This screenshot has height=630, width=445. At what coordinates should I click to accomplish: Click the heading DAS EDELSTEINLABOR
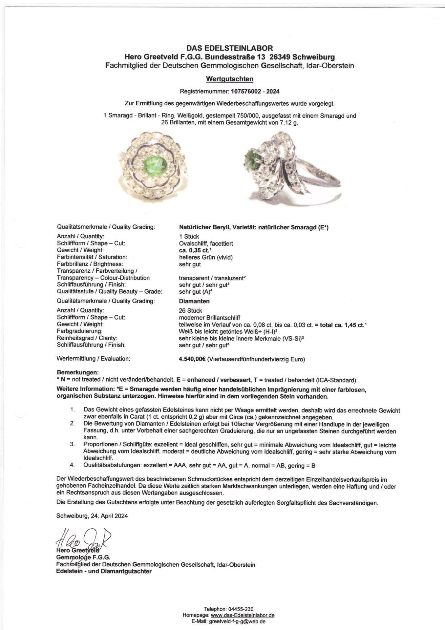point(229,49)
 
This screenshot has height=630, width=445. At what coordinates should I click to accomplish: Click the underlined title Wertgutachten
point(229,79)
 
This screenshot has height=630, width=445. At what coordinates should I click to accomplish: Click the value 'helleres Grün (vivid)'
point(206,257)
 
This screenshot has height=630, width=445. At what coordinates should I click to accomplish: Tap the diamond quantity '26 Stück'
point(191,310)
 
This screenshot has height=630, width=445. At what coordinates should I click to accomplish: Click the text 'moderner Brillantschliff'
point(209,317)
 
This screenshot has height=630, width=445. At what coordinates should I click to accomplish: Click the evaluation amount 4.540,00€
point(192,359)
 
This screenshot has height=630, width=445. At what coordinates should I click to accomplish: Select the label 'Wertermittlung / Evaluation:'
point(94,359)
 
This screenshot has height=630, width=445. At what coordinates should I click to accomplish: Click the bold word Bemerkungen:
point(78,373)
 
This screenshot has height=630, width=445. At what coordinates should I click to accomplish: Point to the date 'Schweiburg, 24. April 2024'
point(92,515)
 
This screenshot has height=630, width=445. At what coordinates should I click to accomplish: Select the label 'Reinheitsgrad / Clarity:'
point(87,338)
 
